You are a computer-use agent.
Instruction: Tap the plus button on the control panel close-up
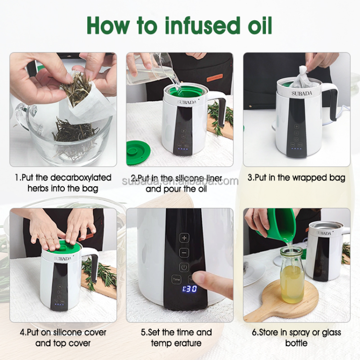tap(184, 238)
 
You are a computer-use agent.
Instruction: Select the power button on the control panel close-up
tap(184, 267)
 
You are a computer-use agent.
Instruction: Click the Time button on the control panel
tap(177, 279)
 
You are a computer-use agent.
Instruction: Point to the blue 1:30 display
tap(190, 289)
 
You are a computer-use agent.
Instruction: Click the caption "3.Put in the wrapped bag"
tap(296, 178)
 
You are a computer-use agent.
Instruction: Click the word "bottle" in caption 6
tap(296, 343)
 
